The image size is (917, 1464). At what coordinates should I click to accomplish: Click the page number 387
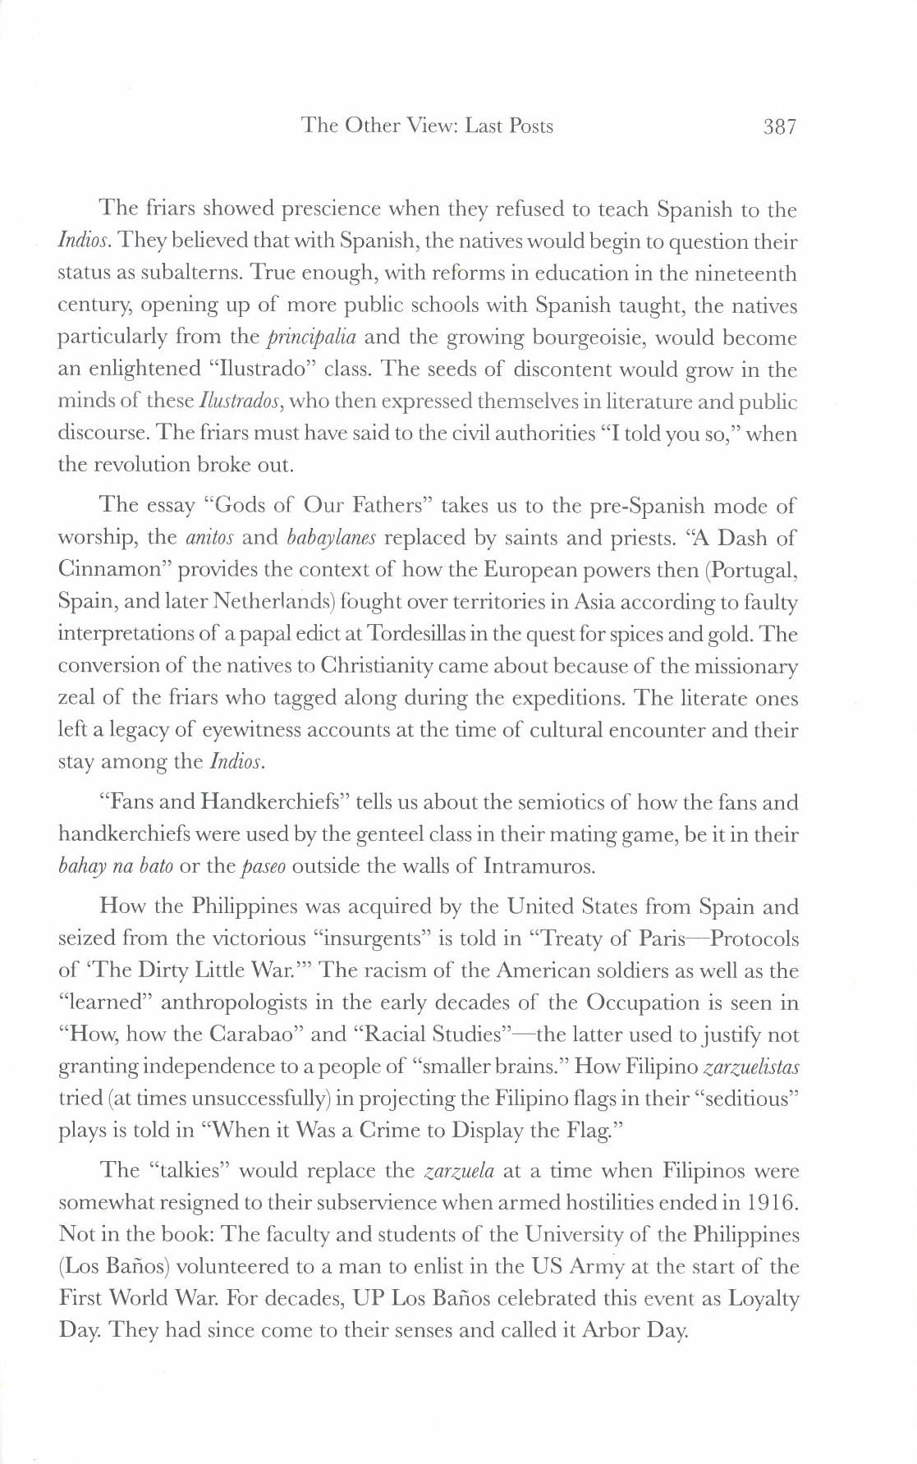point(779,126)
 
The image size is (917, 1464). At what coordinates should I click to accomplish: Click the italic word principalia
point(311,337)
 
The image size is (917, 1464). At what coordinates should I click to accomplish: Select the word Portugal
point(753,570)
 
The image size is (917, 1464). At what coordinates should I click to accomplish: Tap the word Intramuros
point(539,866)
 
